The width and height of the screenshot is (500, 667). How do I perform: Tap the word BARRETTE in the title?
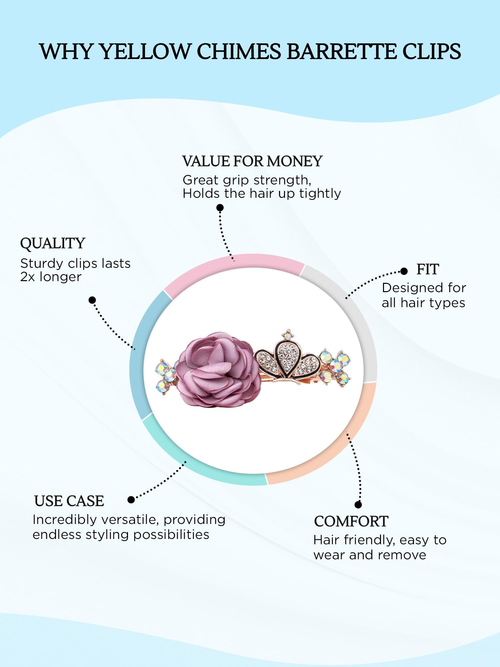pyautogui.click(x=341, y=52)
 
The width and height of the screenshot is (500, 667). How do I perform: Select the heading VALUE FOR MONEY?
pyautogui.click(x=252, y=161)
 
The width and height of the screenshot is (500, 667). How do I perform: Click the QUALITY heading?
pyautogui.click(x=53, y=243)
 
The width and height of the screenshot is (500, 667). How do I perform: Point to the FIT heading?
pyautogui.click(x=428, y=269)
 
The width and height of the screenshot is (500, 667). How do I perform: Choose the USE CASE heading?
pyautogui.click(x=69, y=501)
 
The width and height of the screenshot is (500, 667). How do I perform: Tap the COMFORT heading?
pyautogui.click(x=351, y=521)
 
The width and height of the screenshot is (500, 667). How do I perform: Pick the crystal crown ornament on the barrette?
pyautogui.click(x=287, y=359)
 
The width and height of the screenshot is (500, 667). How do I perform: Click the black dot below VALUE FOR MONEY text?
pyautogui.click(x=220, y=208)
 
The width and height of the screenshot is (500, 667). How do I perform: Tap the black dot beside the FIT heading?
pyautogui.click(x=404, y=271)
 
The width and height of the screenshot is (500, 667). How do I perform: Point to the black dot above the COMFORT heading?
pyautogui.click(x=358, y=505)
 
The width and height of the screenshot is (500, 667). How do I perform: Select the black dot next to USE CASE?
pyautogui.click(x=131, y=500)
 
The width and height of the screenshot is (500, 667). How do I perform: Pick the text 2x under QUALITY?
pyautogui.click(x=28, y=277)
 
